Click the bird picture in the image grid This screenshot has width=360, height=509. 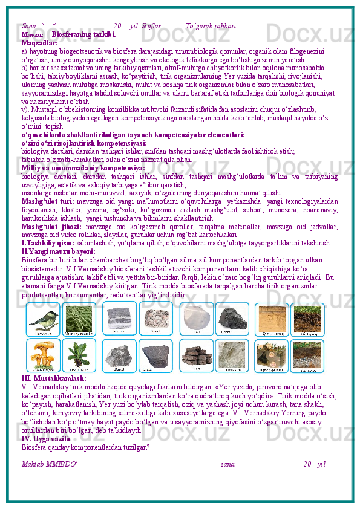(x=42, y=319)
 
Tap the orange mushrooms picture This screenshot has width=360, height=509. (x=42, y=354)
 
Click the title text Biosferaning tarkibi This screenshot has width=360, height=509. (x=83, y=35)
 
